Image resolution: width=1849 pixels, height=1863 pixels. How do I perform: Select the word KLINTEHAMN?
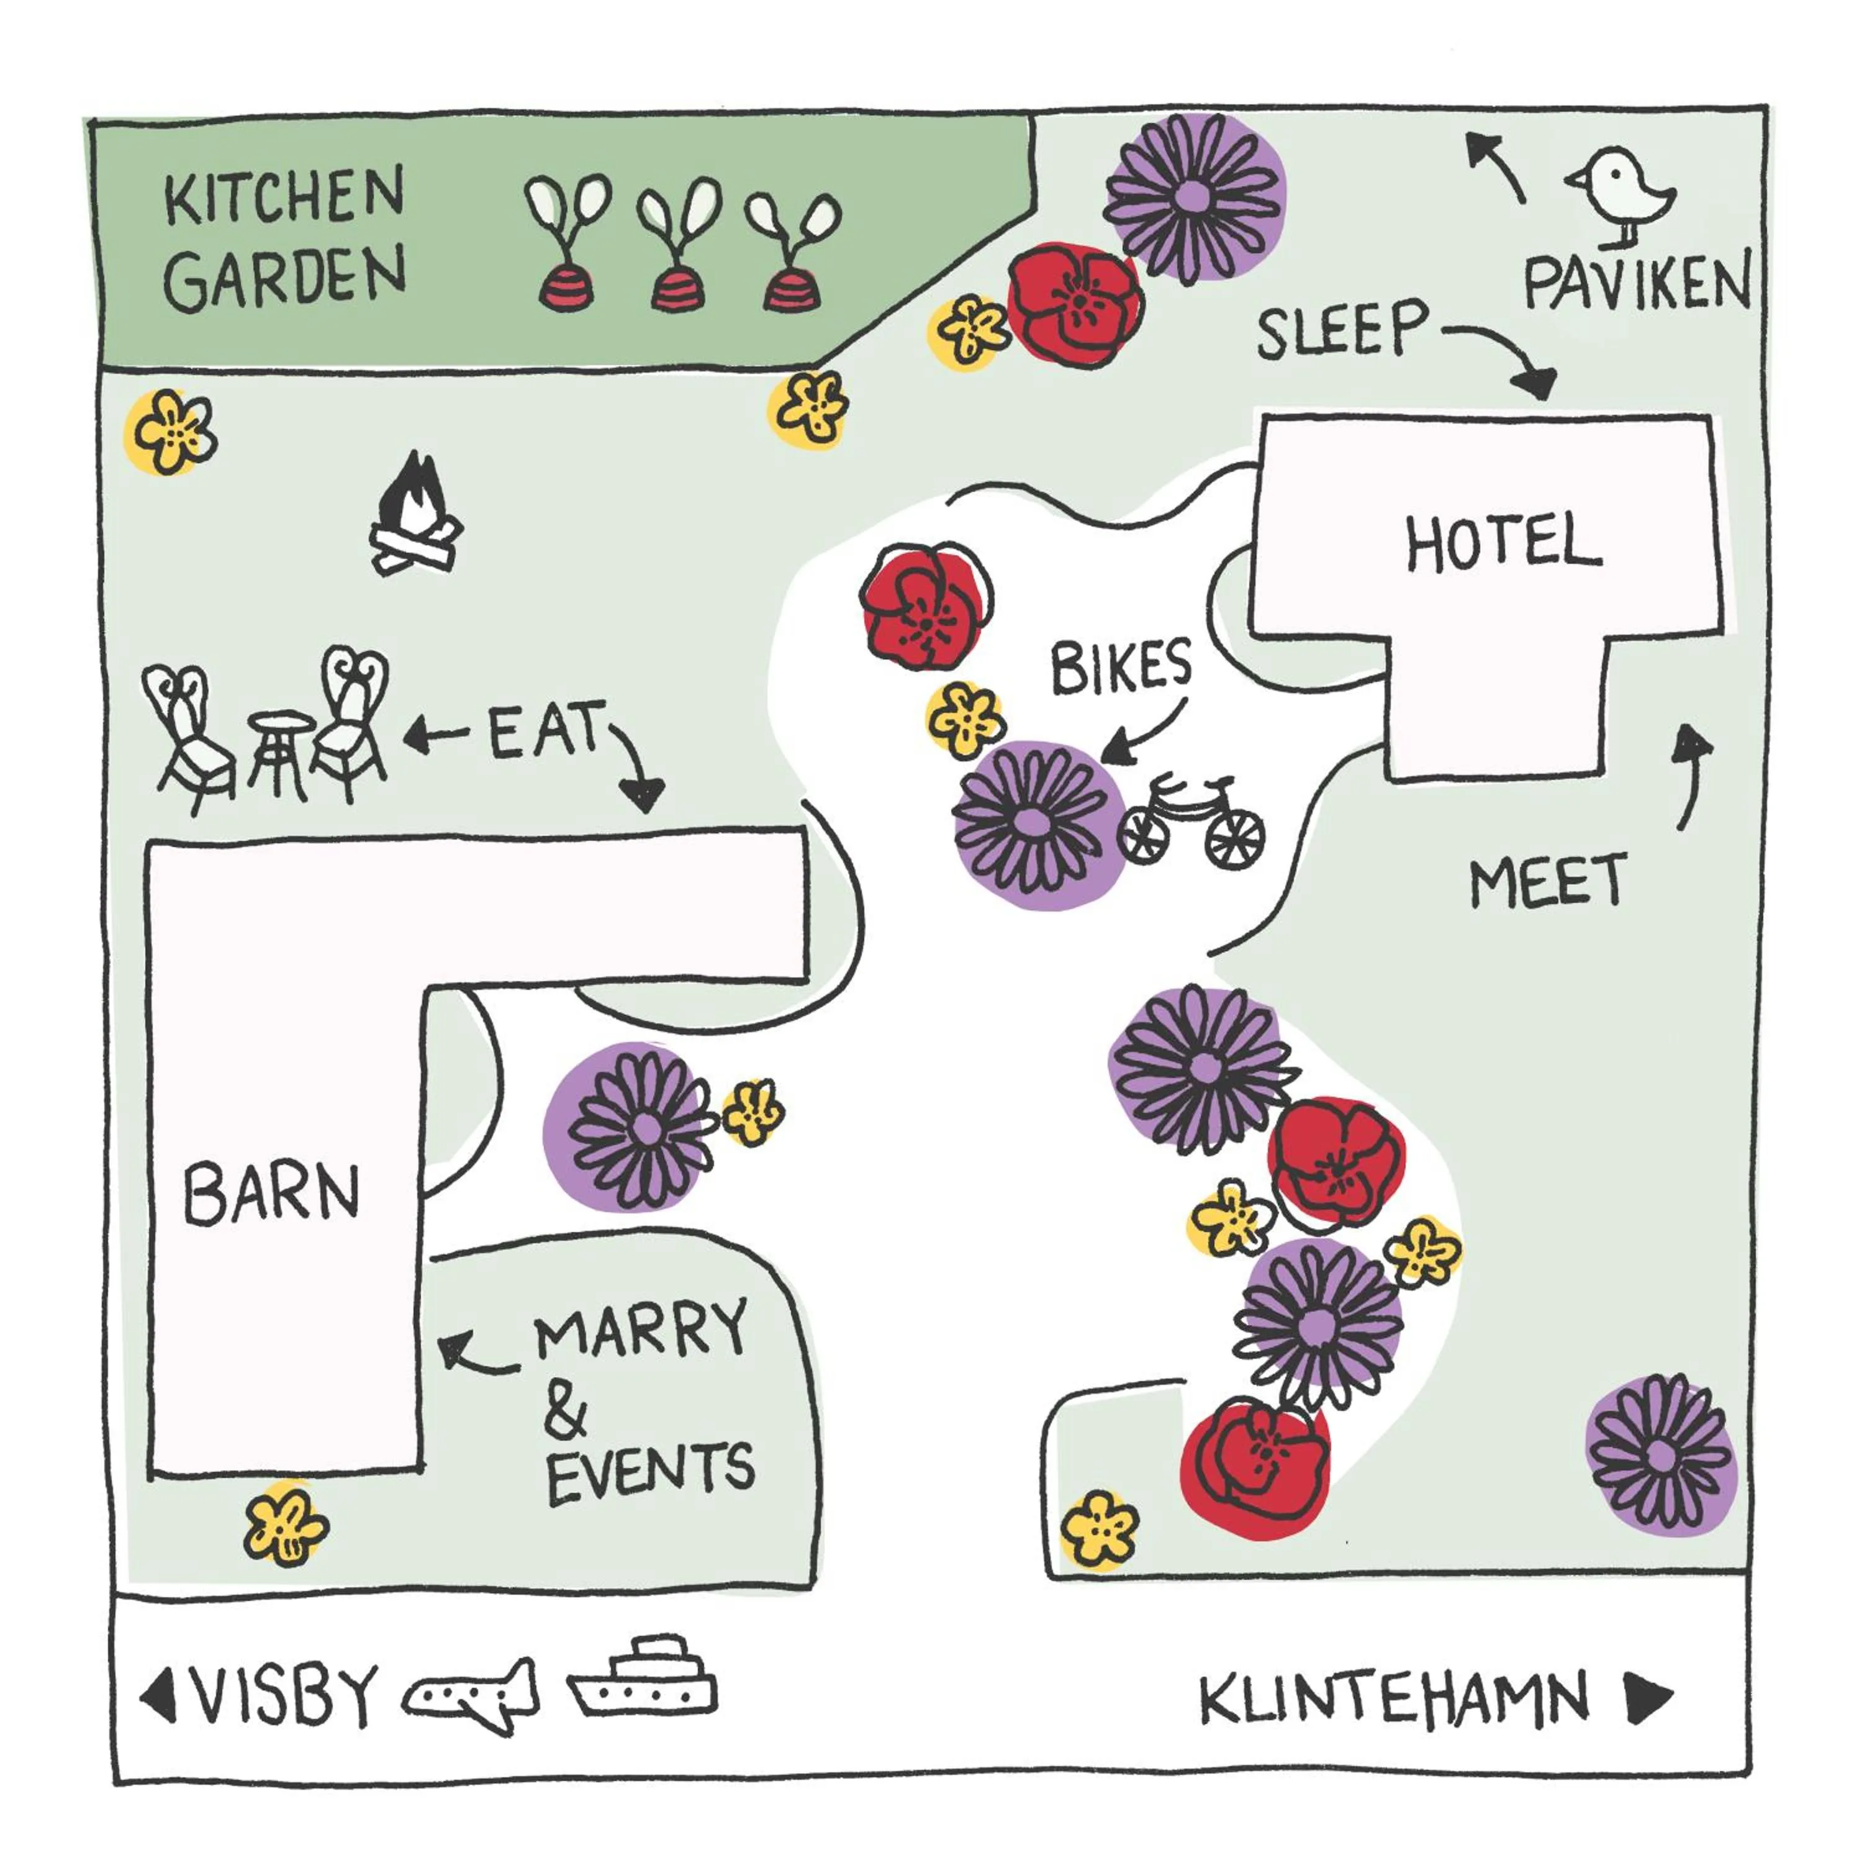coord(1394,1699)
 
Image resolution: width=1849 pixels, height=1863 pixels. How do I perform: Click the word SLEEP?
coord(1342,329)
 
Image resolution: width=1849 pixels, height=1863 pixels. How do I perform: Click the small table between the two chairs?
coord(279,752)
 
